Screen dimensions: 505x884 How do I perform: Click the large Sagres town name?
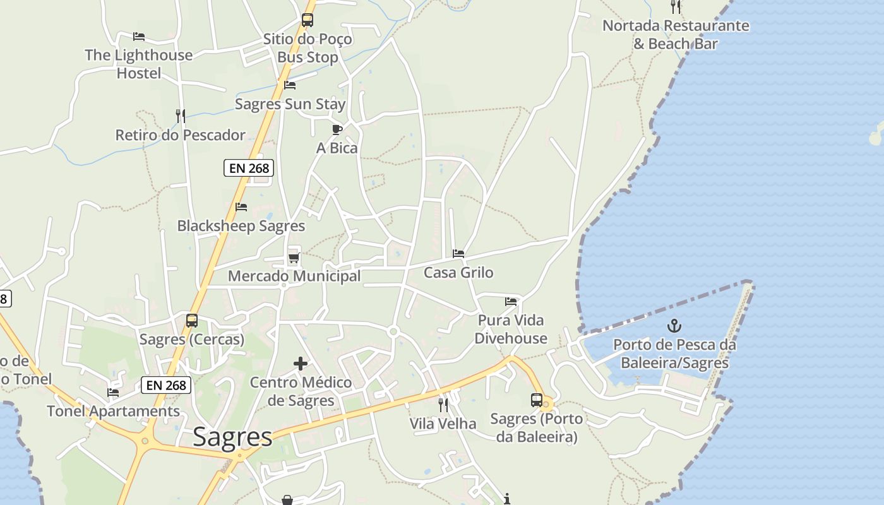pyautogui.click(x=232, y=436)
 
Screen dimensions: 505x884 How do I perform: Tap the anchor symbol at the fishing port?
pyautogui.click(x=674, y=326)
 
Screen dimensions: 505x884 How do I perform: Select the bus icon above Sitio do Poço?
pyautogui.click(x=308, y=20)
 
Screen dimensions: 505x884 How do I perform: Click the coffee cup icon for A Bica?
pyautogui.click(x=337, y=129)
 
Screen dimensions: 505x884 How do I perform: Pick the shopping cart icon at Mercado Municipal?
pyautogui.click(x=293, y=258)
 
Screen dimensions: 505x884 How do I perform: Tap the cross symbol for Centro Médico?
pyautogui.click(x=301, y=364)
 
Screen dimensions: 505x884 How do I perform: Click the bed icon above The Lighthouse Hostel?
pyautogui.click(x=139, y=37)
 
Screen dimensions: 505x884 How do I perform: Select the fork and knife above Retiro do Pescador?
pyautogui.click(x=181, y=116)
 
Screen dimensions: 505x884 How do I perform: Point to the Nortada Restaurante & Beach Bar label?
pyautogui.click(x=676, y=35)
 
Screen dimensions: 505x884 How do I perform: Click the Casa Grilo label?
pyautogui.click(x=458, y=273)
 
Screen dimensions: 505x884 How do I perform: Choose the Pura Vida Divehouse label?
pyautogui.click(x=511, y=329)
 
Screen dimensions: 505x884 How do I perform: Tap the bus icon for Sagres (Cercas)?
pyautogui.click(x=192, y=321)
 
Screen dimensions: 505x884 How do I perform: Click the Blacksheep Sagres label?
pyautogui.click(x=241, y=226)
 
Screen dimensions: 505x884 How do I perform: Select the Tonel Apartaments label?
pyautogui.click(x=114, y=412)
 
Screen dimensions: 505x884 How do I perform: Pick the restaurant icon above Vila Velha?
pyautogui.click(x=443, y=405)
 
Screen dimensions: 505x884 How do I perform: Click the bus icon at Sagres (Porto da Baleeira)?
pyautogui.click(x=537, y=400)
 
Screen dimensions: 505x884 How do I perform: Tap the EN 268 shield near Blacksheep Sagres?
pyautogui.click(x=249, y=168)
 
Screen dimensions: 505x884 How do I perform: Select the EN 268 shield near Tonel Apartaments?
pyautogui.click(x=166, y=385)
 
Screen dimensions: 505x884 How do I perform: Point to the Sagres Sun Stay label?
pyautogui.click(x=290, y=104)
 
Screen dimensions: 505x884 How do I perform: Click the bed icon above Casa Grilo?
pyautogui.click(x=458, y=254)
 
